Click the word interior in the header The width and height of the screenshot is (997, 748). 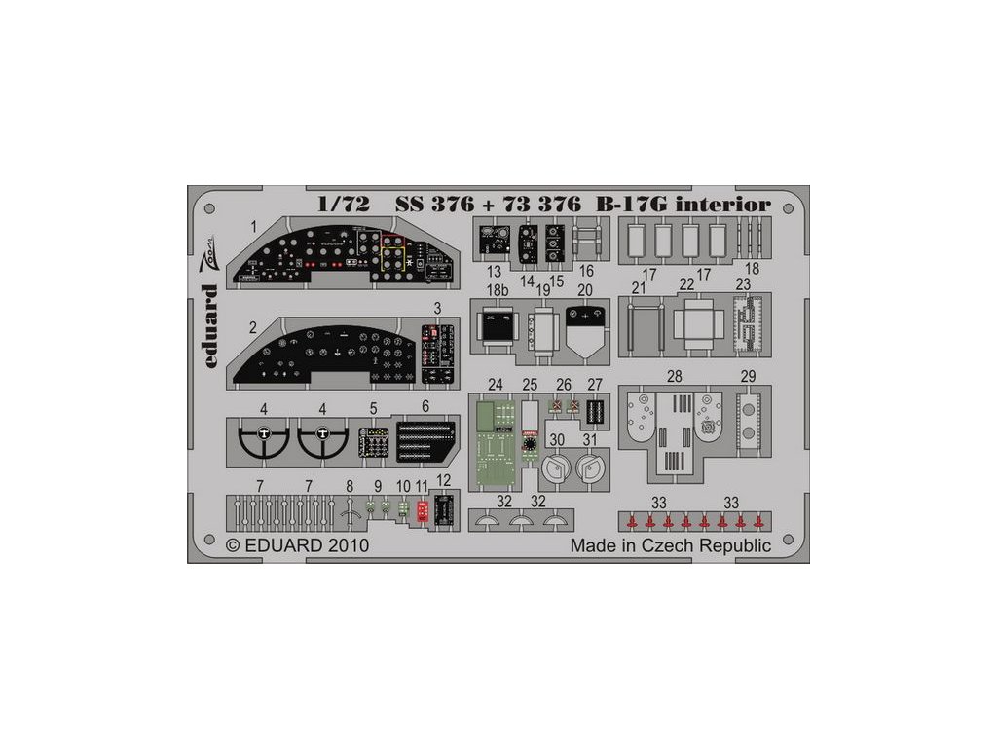point(722,205)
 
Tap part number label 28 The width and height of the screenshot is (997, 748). point(675,376)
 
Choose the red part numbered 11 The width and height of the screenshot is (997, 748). point(422,510)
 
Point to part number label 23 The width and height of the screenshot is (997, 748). point(744,285)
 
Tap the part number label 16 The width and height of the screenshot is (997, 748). point(585,270)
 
